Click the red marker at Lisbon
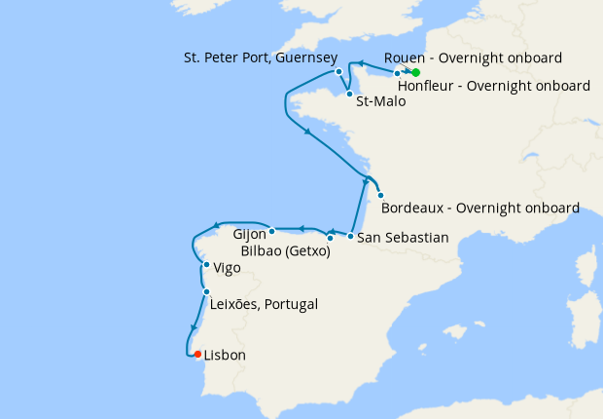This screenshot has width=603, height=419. coord(196,355)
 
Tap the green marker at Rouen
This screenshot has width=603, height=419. coord(415,73)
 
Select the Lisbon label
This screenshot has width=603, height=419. coord(225,356)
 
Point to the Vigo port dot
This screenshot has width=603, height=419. coord(206,265)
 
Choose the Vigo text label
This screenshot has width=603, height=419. coord(230,266)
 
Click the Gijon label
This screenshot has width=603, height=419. coord(251,234)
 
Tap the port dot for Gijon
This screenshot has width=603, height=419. coord(272,231)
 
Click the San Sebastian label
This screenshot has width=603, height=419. coord(403,237)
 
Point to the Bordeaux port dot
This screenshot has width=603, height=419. coord(380,195)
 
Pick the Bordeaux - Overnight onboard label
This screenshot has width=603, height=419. coord(480,208)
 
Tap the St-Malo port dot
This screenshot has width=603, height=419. coord(349,94)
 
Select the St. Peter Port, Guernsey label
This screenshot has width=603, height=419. coord(261,57)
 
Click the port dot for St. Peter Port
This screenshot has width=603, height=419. coord(338,71)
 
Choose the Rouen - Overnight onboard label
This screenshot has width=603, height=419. coord(473,57)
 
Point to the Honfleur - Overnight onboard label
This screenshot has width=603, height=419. coord(494,86)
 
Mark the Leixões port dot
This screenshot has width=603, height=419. coord(206,292)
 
